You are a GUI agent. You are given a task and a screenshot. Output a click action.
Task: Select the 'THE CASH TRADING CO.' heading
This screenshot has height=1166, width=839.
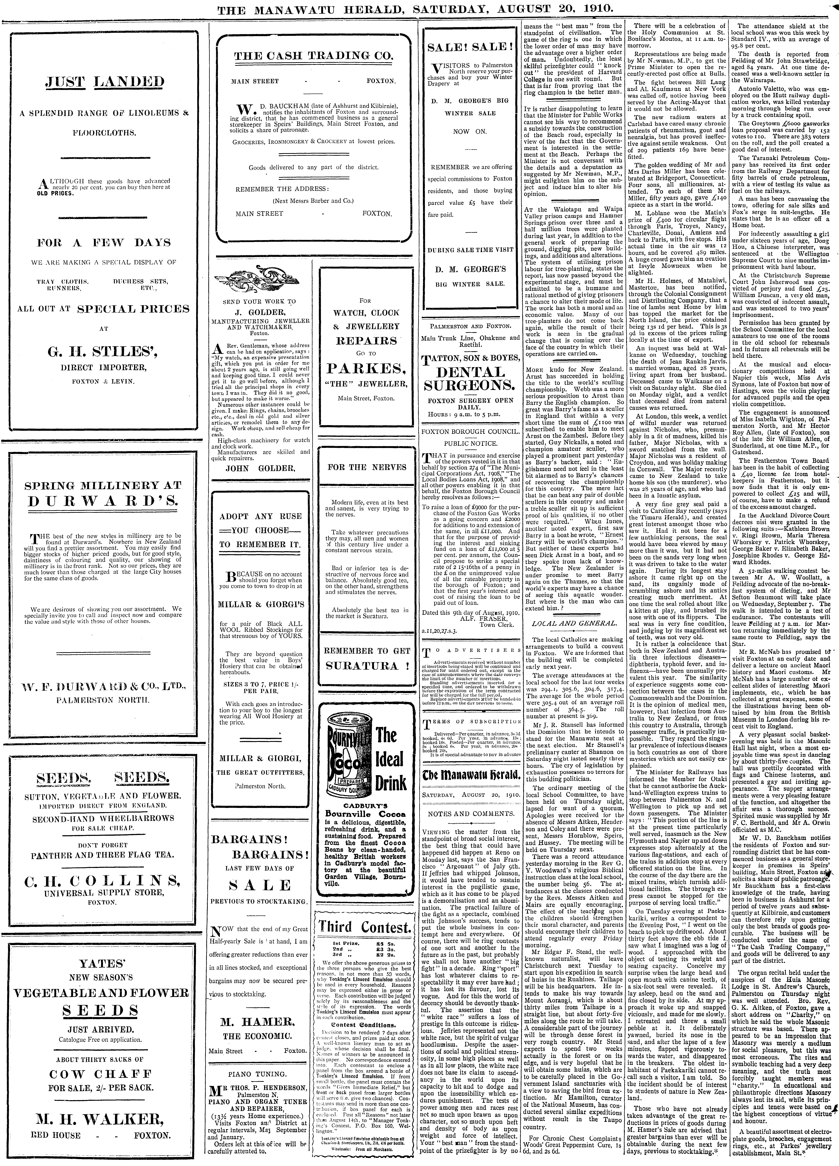313,57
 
